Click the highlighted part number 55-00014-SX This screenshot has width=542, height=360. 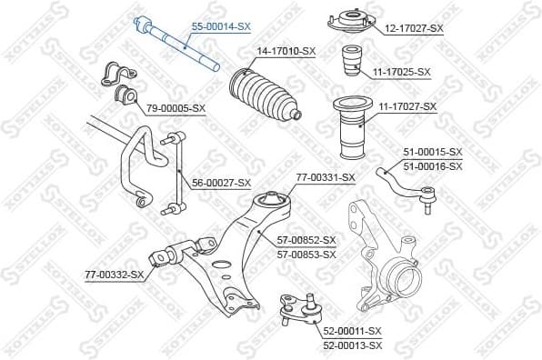(x=220, y=28)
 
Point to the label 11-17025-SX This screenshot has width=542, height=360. (x=400, y=71)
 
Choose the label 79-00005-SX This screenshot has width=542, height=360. (x=176, y=108)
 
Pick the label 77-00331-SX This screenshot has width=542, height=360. (x=325, y=177)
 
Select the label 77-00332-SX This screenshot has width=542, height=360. (x=115, y=274)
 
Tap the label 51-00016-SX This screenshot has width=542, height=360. (x=432, y=165)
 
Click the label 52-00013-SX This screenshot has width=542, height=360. (x=352, y=345)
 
